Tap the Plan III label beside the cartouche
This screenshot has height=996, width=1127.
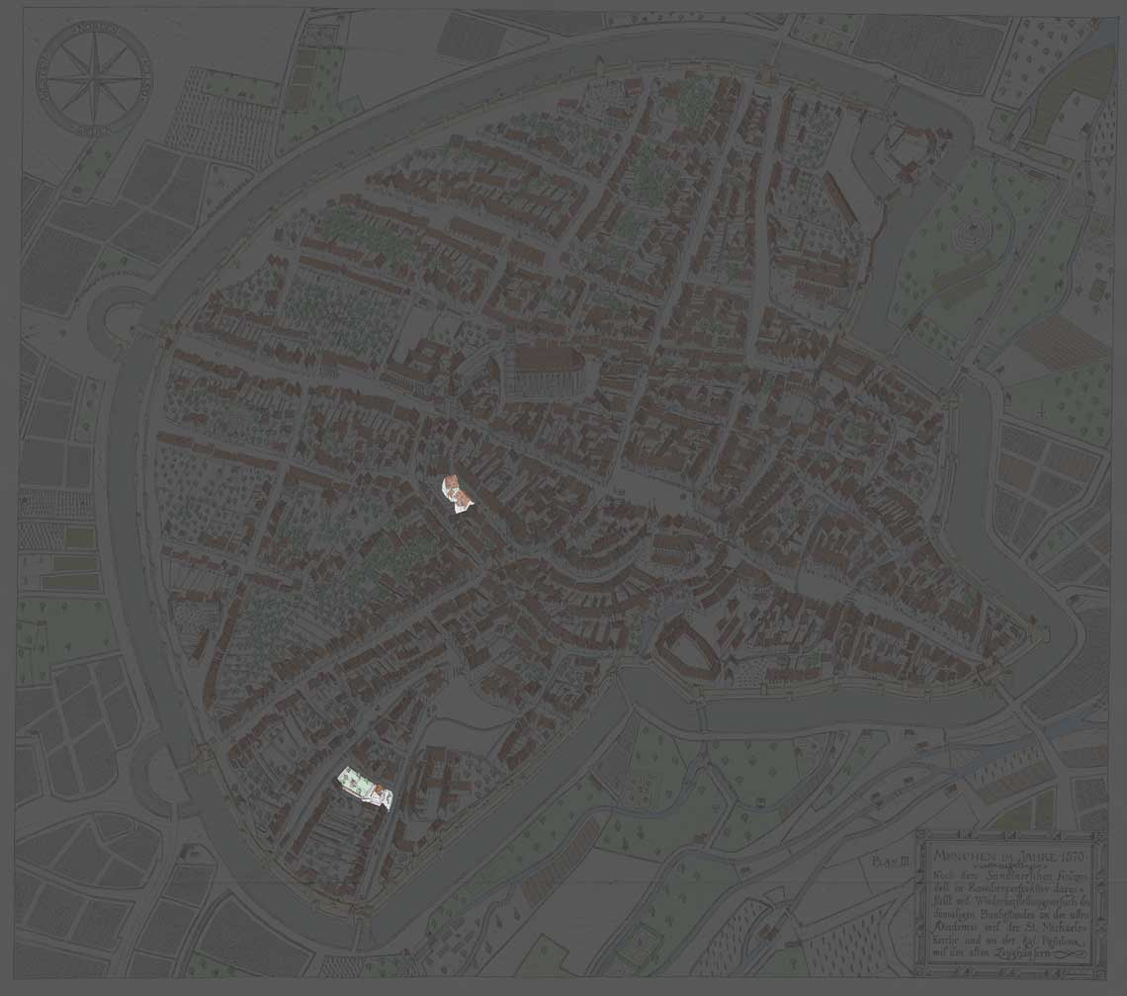[890, 862]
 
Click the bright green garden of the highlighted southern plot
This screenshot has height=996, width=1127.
[351, 780]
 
